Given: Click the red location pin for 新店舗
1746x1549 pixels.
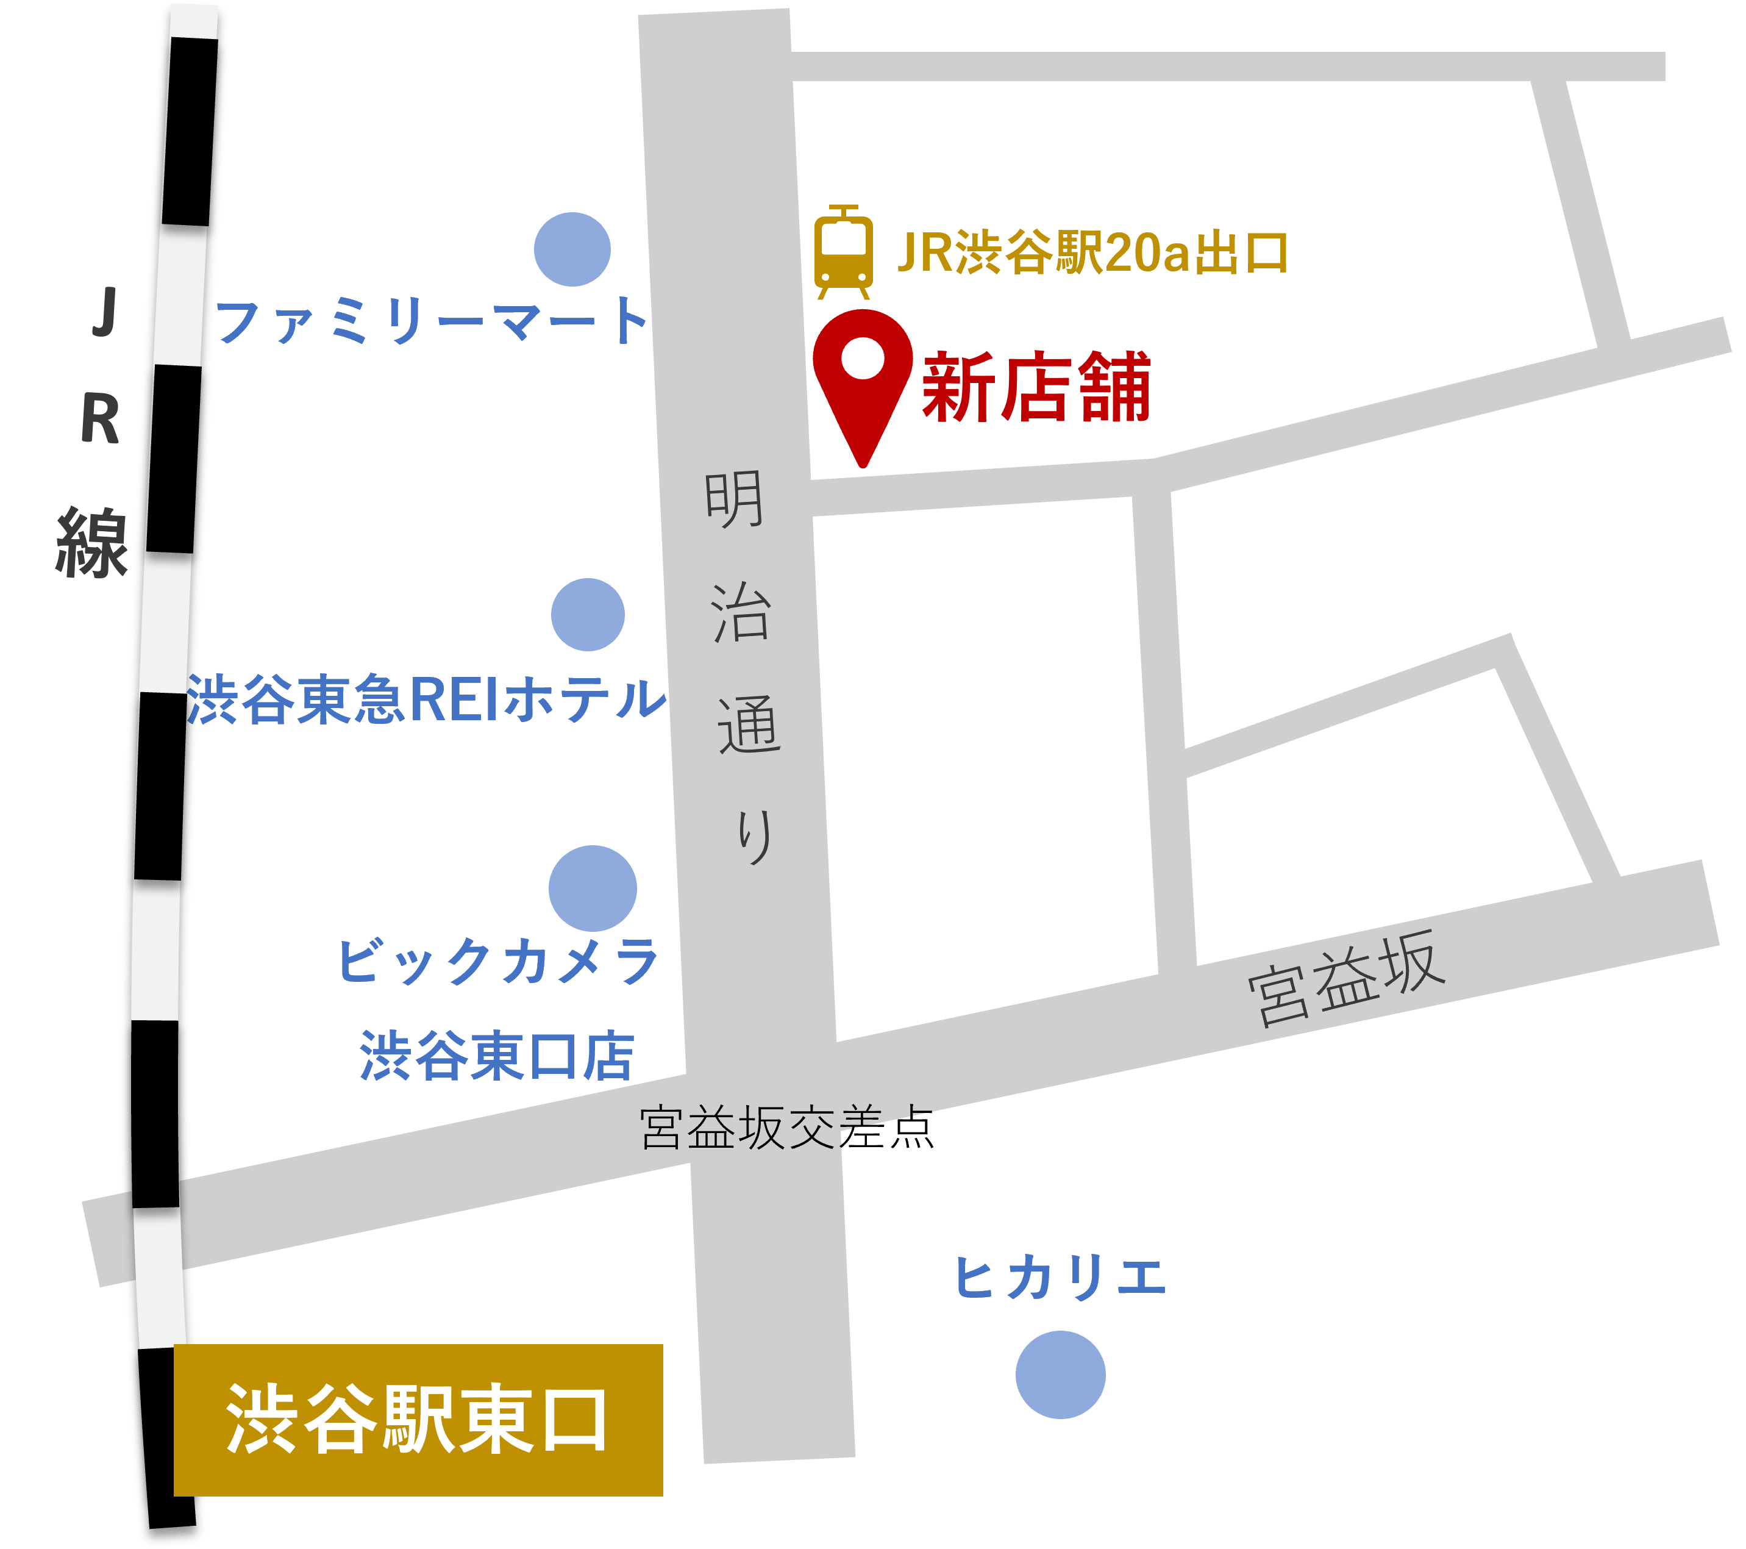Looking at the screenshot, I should click(863, 376).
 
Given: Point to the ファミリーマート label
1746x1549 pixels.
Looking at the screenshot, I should click(432, 321).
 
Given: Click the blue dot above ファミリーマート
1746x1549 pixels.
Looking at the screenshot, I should click(572, 249).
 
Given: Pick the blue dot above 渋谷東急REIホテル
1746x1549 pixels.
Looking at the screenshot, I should click(588, 614).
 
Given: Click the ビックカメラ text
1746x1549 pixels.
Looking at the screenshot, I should click(498, 961).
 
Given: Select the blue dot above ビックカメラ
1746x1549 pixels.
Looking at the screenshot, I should click(593, 889).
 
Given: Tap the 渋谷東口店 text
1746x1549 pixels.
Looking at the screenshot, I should click(496, 1056).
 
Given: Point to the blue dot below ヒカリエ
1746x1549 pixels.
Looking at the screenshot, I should click(1060, 1375).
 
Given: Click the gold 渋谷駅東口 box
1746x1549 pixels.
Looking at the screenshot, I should click(418, 1420).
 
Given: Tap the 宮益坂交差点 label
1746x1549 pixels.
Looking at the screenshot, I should click(786, 1128).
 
